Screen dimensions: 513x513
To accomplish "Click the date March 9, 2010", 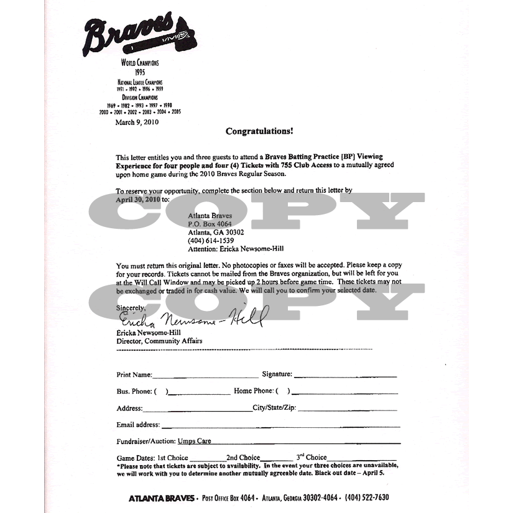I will [137, 122].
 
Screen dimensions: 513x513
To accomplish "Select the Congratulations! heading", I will [259, 131].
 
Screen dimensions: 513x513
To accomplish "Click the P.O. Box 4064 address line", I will [210, 223].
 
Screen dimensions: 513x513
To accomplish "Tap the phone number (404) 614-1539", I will [211, 240].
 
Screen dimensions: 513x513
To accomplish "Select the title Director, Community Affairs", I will [159, 341].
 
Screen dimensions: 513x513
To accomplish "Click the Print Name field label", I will [134, 375].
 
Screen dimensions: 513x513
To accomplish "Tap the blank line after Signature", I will [345, 376].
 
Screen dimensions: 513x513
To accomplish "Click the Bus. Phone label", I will [134, 392].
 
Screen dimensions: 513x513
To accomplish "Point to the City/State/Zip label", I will [274, 409].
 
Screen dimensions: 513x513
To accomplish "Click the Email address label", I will [138, 425].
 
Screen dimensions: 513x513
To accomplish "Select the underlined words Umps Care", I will [195, 441].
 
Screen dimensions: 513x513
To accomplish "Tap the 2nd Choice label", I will [243, 458].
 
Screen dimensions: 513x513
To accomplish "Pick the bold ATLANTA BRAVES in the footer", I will [161, 498].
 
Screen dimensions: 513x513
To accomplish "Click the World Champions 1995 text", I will [140, 68].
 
